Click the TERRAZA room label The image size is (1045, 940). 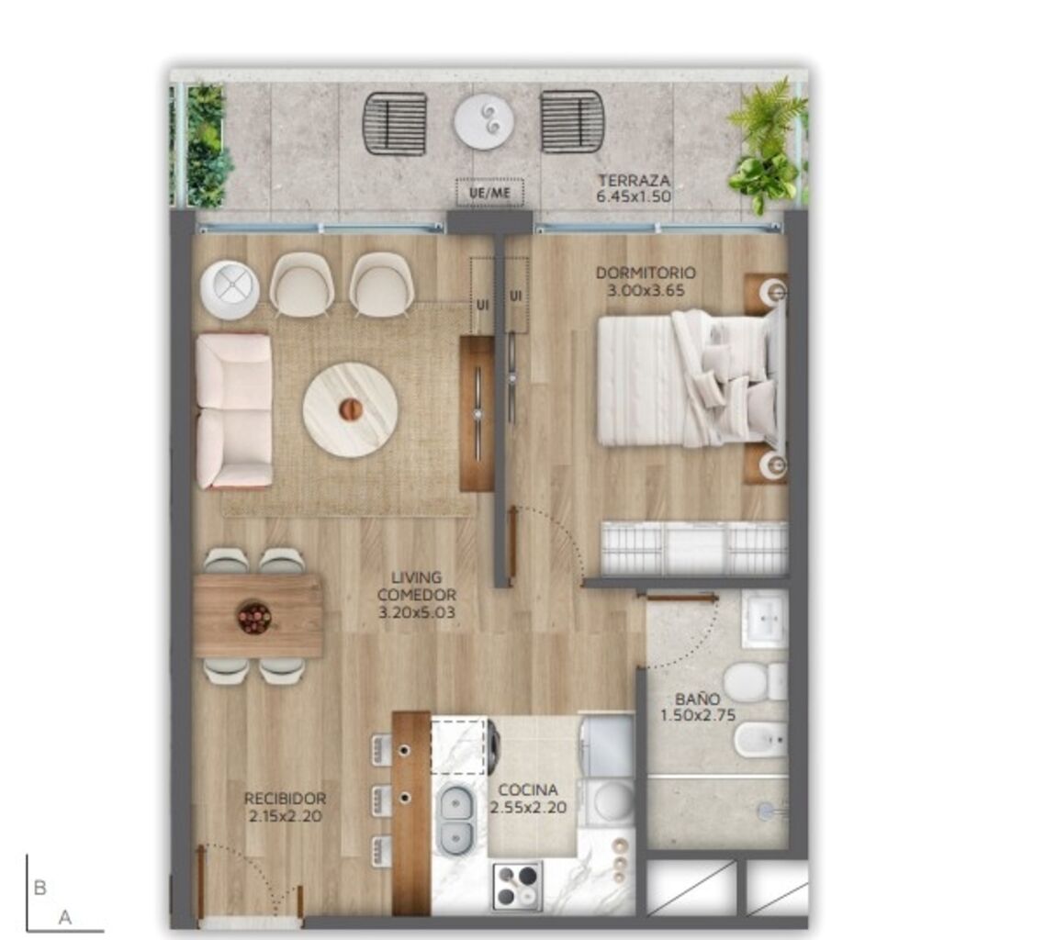pyautogui.click(x=634, y=181)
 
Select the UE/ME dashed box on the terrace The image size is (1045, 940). pyautogui.click(x=489, y=193)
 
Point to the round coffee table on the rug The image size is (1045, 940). pyautogui.click(x=351, y=409)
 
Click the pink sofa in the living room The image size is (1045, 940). pyautogui.click(x=234, y=410)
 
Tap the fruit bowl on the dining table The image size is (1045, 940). pyautogui.click(x=254, y=618)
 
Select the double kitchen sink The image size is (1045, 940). pyautogui.click(x=455, y=819)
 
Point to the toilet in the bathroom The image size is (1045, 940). pyautogui.click(x=755, y=681)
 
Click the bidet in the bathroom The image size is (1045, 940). pyautogui.click(x=760, y=740)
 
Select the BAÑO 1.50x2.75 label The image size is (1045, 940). pyautogui.click(x=697, y=707)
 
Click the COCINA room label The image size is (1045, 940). pyautogui.click(x=528, y=790)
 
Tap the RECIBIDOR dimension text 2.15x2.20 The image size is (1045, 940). pyautogui.click(x=286, y=815)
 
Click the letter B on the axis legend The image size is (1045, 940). pyautogui.click(x=40, y=888)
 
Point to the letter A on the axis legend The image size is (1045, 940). pyautogui.click(x=64, y=917)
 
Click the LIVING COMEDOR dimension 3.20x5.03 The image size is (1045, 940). pyautogui.click(x=417, y=611)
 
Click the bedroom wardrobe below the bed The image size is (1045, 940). pyautogui.click(x=694, y=548)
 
